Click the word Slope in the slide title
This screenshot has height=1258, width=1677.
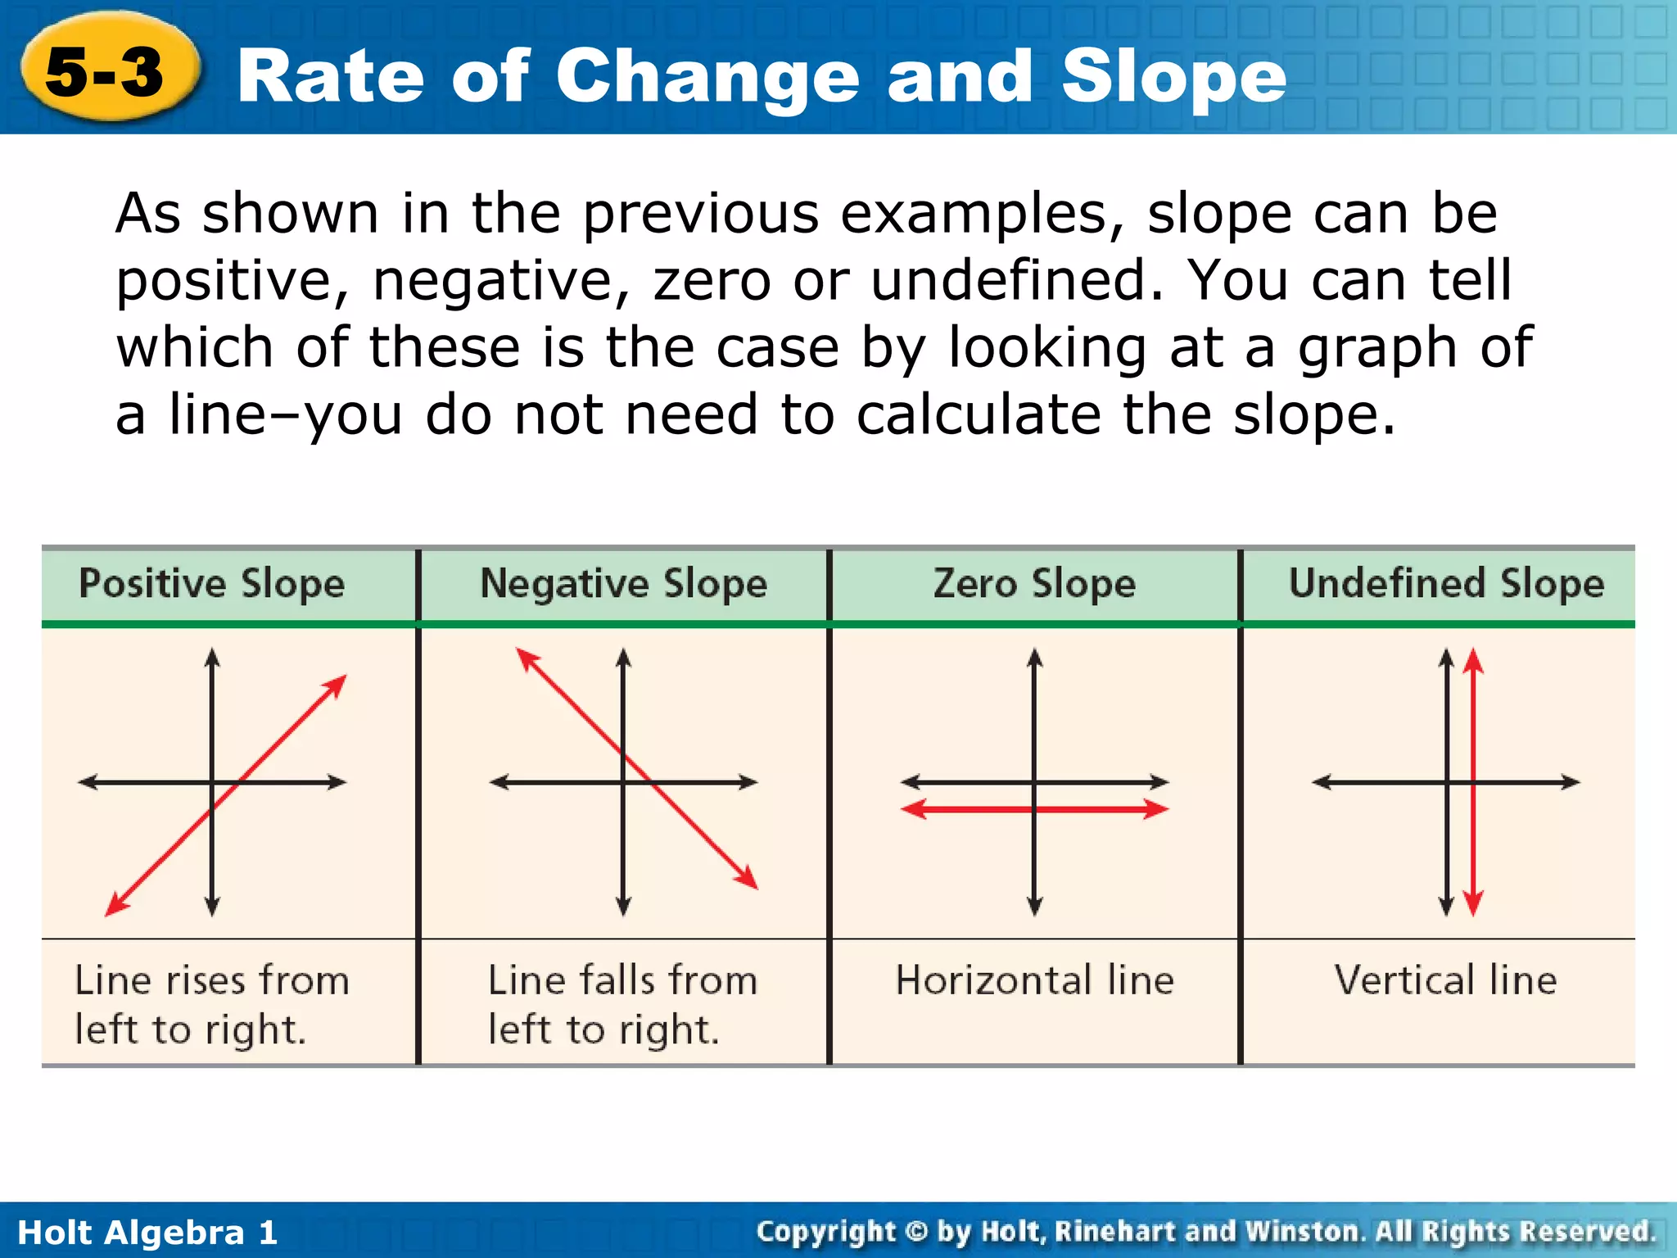[x=1173, y=76]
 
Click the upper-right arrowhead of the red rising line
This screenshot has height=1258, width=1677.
[x=337, y=684]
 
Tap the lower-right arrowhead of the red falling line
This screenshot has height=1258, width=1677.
[x=748, y=880]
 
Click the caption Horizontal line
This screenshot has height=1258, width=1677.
[x=1034, y=980]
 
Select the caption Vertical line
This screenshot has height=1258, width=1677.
[x=1445, y=980]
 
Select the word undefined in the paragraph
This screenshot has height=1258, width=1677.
[x=1016, y=281]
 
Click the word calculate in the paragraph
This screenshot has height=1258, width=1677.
[x=979, y=414]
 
